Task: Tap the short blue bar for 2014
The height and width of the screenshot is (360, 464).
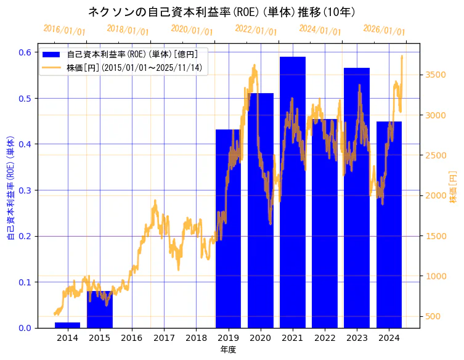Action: tap(67, 325)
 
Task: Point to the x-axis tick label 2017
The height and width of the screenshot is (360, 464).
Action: tap(164, 337)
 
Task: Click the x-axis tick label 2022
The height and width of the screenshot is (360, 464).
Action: tap(325, 337)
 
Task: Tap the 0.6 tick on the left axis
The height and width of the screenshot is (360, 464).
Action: tap(25, 52)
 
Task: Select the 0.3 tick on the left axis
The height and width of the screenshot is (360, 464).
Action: tap(25, 190)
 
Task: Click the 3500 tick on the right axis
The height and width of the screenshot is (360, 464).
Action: tap(436, 75)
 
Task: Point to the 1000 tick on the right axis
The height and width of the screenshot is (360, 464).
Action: tap(436, 276)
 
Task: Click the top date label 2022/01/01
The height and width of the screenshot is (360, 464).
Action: tap(256, 30)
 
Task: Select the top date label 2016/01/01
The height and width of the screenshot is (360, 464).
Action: tap(64, 30)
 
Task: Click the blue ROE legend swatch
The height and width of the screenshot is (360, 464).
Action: tap(51, 54)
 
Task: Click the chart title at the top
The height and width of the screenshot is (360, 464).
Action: tap(221, 12)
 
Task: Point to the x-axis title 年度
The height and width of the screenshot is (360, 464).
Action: tap(228, 350)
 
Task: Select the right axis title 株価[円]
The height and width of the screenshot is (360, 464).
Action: tap(454, 187)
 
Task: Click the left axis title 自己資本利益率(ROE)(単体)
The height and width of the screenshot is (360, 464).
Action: tap(10, 187)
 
